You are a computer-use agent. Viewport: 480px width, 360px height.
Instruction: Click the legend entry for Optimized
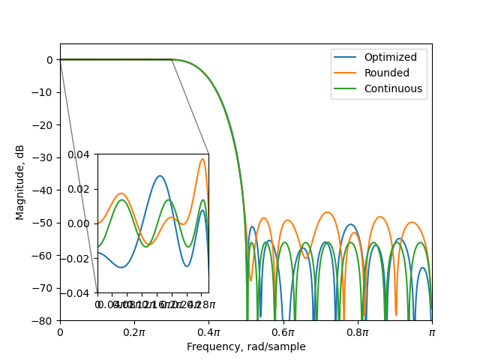(x=385, y=57)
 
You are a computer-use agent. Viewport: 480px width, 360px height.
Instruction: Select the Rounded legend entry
(x=386, y=73)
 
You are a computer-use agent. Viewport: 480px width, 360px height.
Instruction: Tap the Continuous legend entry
(x=393, y=88)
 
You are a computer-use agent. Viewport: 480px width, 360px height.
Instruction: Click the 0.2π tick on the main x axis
(x=134, y=331)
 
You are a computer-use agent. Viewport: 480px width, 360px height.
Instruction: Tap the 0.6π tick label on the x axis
(x=283, y=331)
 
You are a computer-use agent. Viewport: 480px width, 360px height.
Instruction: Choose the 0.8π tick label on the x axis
(x=357, y=331)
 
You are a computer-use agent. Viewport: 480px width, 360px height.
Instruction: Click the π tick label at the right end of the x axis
(x=431, y=331)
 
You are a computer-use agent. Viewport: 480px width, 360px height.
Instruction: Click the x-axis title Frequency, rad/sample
(x=246, y=346)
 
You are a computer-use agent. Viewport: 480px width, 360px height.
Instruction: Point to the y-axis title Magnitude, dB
(x=20, y=182)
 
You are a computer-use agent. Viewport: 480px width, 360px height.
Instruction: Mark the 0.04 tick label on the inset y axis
(x=79, y=154)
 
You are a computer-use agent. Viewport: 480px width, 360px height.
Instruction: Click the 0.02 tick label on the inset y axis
(x=79, y=188)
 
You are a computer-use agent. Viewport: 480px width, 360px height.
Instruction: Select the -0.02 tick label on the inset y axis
(x=76, y=258)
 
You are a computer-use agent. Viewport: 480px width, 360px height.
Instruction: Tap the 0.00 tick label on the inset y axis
(x=79, y=223)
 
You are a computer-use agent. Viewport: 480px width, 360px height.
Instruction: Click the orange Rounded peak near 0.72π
(x=327, y=212)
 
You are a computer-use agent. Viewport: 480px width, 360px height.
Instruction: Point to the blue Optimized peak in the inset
(x=160, y=175)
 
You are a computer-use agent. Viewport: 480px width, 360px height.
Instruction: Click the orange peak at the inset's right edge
(x=202, y=158)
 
